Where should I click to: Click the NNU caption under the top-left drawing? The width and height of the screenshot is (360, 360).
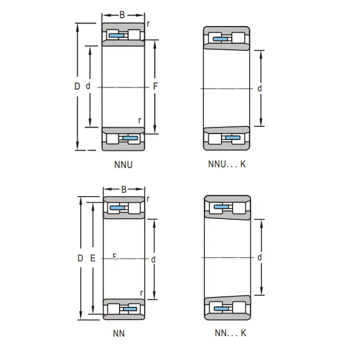(x=124, y=164)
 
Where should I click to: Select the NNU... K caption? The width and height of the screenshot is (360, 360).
(x=227, y=164)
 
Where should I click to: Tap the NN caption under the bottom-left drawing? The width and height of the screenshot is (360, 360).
(x=119, y=333)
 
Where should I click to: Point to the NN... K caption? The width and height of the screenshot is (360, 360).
(x=230, y=333)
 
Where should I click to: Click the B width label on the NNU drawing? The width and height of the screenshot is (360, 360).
(x=122, y=15)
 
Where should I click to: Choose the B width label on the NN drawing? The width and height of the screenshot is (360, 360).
(x=124, y=189)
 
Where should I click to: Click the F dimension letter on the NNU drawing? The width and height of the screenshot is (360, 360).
(x=156, y=86)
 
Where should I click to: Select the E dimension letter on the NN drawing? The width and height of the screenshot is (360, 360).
(x=92, y=258)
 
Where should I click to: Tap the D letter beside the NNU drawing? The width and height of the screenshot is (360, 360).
(x=77, y=86)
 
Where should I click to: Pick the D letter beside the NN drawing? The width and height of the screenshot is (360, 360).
(x=80, y=258)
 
